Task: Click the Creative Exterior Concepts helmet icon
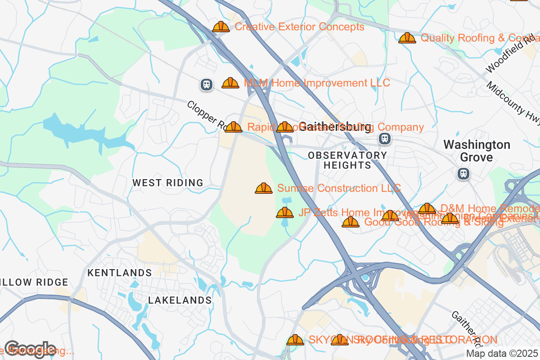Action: (221, 27)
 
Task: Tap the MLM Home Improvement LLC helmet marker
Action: (230, 83)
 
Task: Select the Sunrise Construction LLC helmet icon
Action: (264, 189)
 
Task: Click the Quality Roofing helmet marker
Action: (407, 38)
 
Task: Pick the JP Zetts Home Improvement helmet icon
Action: (285, 213)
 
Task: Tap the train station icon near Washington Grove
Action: (463, 173)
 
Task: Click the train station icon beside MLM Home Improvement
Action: (207, 84)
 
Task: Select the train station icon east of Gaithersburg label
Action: (384, 138)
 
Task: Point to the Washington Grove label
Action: (477, 151)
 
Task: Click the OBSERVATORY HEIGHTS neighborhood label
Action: (347, 160)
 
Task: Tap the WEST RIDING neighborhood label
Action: (168, 183)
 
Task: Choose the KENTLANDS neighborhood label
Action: (120, 273)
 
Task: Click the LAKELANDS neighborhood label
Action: (180, 300)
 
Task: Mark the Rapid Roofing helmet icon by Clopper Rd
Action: (234, 127)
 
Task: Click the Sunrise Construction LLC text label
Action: (339, 189)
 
